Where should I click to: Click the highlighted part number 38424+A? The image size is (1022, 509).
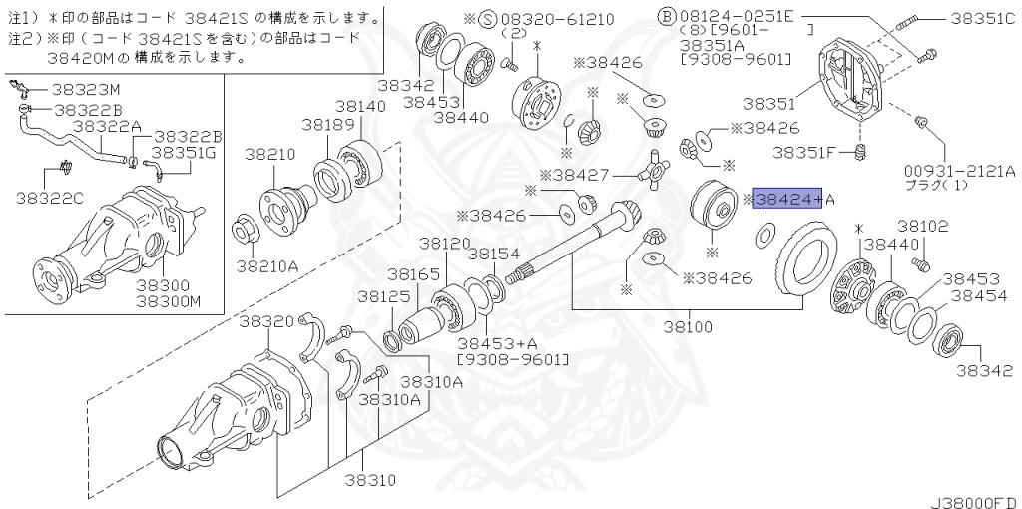tap(787, 200)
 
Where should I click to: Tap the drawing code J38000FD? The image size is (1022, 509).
tap(975, 499)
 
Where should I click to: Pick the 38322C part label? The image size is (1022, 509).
tap(51, 197)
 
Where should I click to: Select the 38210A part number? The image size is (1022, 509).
tap(266, 265)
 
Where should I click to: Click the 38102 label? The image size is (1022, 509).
tap(922, 227)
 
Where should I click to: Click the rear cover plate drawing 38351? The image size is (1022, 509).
tap(856, 79)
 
